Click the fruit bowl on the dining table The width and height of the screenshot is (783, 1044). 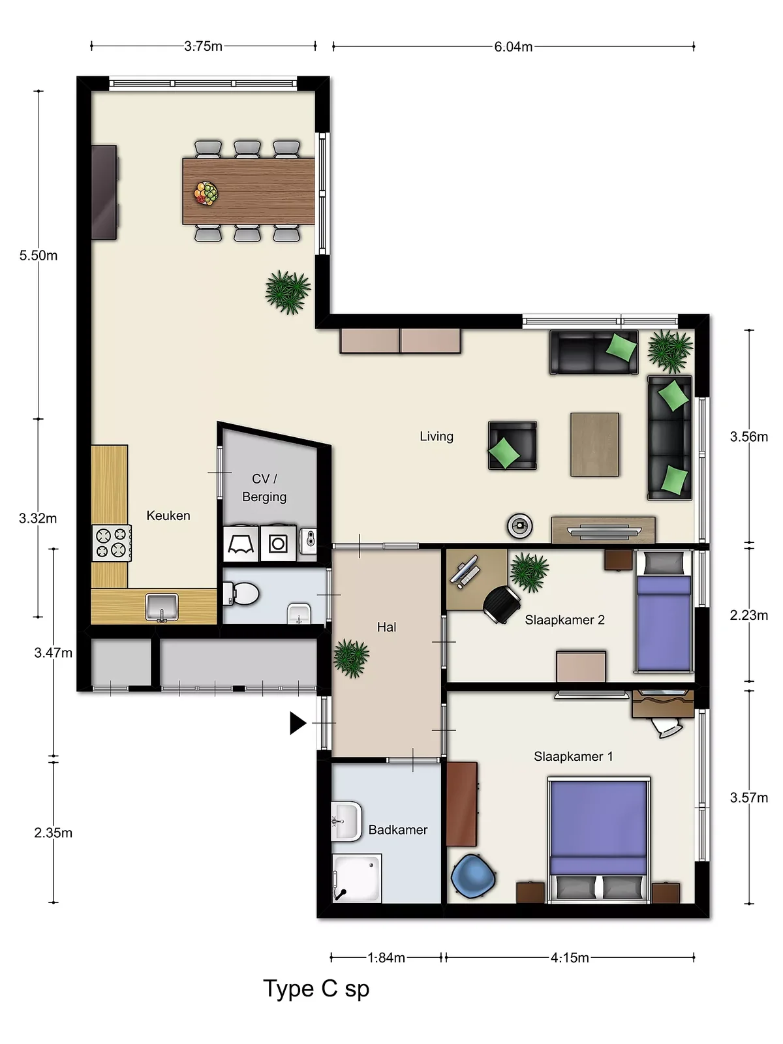pyautogui.click(x=206, y=193)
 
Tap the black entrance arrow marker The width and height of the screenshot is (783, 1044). pyautogui.click(x=298, y=723)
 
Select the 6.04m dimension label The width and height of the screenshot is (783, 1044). pyautogui.click(x=513, y=46)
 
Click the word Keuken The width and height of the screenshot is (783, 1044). pyautogui.click(x=168, y=515)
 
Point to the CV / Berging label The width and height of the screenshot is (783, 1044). pyautogui.click(x=264, y=487)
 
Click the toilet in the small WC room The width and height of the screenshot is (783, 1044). pyautogui.click(x=241, y=594)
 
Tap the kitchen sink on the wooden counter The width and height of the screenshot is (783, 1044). pyautogui.click(x=162, y=607)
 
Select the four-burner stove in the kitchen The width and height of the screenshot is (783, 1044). pyautogui.click(x=112, y=543)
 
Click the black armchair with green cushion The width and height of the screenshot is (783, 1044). pyautogui.click(x=512, y=445)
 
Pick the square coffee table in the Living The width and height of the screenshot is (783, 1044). pyautogui.click(x=594, y=444)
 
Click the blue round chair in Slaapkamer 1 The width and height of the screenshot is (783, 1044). pyautogui.click(x=473, y=876)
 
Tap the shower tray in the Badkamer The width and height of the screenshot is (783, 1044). pyautogui.click(x=356, y=878)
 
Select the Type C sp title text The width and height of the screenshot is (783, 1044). pyautogui.click(x=316, y=989)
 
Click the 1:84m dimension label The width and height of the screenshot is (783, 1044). pyautogui.click(x=386, y=957)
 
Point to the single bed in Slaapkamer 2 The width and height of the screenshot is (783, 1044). pyautogui.click(x=664, y=611)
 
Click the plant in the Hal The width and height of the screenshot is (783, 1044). pyautogui.click(x=351, y=658)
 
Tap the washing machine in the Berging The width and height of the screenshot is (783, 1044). pyautogui.click(x=278, y=543)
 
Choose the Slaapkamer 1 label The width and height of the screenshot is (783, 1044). pyautogui.click(x=574, y=756)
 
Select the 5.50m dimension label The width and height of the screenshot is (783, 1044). pyautogui.click(x=38, y=255)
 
